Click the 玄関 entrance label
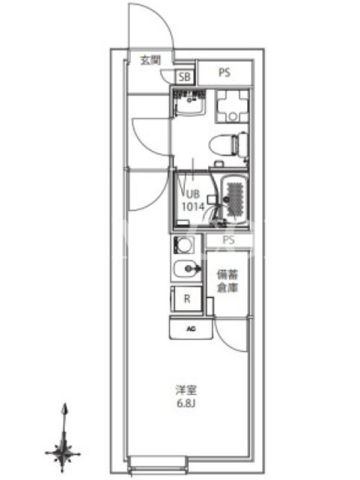tap(151, 61)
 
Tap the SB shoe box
tap(185, 77)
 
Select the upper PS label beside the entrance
tap(224, 73)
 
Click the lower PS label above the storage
tap(229, 239)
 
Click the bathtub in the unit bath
tap(235, 199)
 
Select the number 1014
tap(193, 207)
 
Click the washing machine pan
tap(233, 106)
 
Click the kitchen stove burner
tap(184, 245)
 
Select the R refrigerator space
tap(187, 299)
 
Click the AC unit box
tap(191, 329)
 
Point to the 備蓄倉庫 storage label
tap(227, 281)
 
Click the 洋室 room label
tap(186, 391)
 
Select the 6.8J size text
tap(186, 404)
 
